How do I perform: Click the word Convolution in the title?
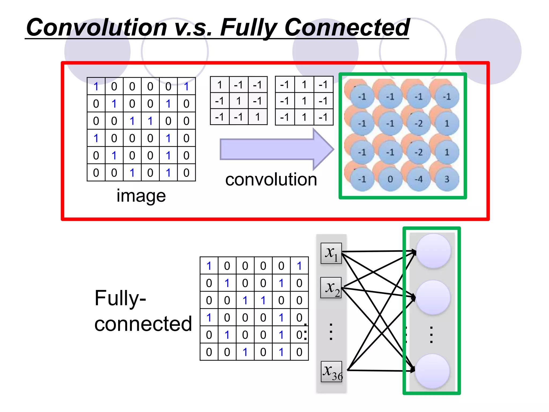click(x=97, y=27)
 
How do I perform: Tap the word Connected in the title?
click(x=347, y=27)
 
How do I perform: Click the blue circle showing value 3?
click(x=447, y=179)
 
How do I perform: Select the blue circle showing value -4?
click(x=418, y=179)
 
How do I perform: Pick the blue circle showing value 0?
click(x=390, y=179)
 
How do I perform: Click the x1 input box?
click(x=331, y=253)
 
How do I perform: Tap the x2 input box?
click(x=331, y=288)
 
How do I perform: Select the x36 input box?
click(x=332, y=371)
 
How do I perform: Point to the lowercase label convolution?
click(x=271, y=179)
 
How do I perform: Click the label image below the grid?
click(x=141, y=196)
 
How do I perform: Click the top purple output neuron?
click(x=433, y=251)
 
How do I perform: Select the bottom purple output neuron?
click(x=432, y=371)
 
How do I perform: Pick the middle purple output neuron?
click(x=433, y=297)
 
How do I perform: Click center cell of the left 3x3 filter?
click(x=239, y=101)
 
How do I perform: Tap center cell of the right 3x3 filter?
click(x=304, y=101)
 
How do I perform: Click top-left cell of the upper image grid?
click(x=96, y=86)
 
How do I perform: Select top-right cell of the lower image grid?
click(x=299, y=266)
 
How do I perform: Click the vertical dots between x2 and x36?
click(x=331, y=332)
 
